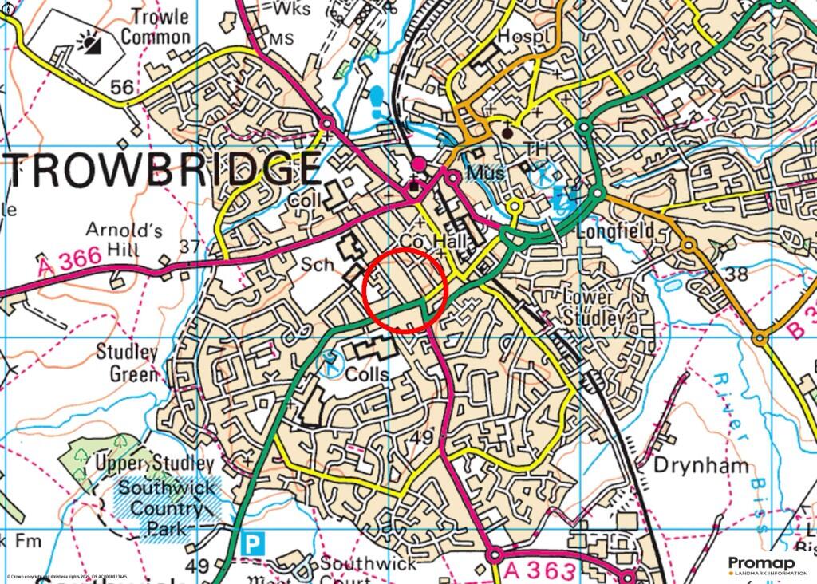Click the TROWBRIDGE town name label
pyautogui.click(x=164, y=168)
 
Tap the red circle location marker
pyautogui.click(x=405, y=289)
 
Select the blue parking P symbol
pyautogui.click(x=253, y=545)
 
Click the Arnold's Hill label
pyautogui.click(x=124, y=240)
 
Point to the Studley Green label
pyautogui.click(x=128, y=362)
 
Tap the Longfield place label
pyautogui.click(x=626, y=231)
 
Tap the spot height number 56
pyautogui.click(x=122, y=88)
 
